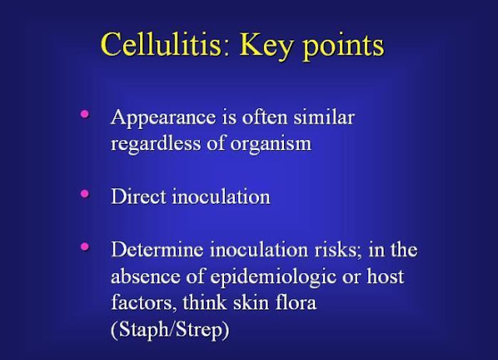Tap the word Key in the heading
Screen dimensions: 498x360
click(x=266, y=47)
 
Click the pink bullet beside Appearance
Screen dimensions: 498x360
click(x=85, y=114)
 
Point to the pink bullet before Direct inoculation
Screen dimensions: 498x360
click(x=85, y=194)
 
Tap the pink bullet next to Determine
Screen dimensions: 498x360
click(x=85, y=246)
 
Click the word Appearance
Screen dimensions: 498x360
click(x=163, y=118)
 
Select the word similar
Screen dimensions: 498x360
click(x=324, y=117)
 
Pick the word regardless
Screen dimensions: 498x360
click(x=156, y=144)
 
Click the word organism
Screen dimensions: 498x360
click(x=271, y=145)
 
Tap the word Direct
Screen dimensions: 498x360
click(x=139, y=196)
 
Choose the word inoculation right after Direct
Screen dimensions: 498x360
click(x=221, y=196)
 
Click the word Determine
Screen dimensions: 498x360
click(x=157, y=250)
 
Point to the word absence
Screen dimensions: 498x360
click(x=146, y=276)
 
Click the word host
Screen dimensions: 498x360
click(x=385, y=276)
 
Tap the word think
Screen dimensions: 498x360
click(x=205, y=302)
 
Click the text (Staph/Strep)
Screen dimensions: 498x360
click(x=170, y=330)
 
